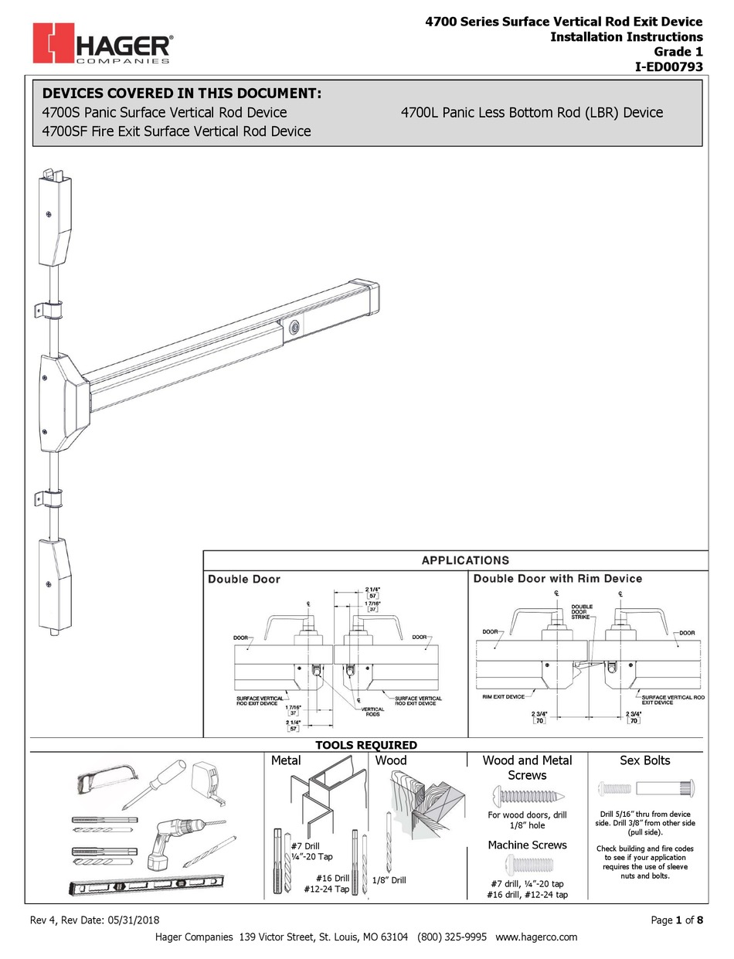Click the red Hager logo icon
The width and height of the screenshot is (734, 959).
[x=53, y=43]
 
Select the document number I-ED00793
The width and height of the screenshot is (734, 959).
[x=668, y=66]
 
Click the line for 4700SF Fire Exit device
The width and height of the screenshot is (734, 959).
[x=176, y=131]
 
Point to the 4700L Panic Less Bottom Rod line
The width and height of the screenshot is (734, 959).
[x=532, y=112]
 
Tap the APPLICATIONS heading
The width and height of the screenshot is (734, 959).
[x=465, y=560]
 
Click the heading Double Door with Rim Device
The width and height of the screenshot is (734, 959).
[x=557, y=578]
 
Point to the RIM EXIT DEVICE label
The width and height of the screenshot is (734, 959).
[x=504, y=696]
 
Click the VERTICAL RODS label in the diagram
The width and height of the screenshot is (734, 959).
[x=373, y=711]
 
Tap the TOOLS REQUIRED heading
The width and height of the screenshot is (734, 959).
[x=366, y=745]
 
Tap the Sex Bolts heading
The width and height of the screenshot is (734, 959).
[x=645, y=760]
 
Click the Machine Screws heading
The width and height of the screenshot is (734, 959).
[x=527, y=845]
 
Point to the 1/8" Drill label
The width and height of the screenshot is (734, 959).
[x=389, y=879]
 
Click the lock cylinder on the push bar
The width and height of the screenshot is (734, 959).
[x=293, y=327]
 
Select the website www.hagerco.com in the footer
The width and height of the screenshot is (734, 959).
[x=537, y=937]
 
